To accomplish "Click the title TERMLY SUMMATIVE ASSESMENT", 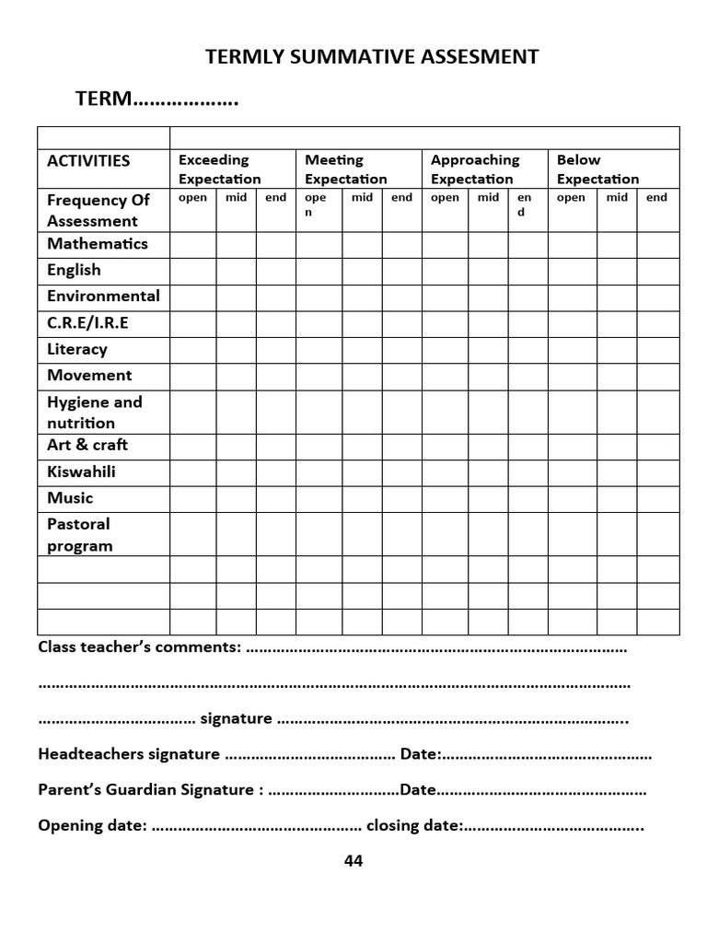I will (371, 57).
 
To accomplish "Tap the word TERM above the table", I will (105, 99).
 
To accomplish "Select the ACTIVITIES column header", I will (88, 160).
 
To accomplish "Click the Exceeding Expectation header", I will (219, 169).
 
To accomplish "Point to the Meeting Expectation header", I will (345, 169).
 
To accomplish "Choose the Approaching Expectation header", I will (474, 169).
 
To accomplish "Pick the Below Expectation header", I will (597, 169).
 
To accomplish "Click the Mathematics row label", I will (97, 244).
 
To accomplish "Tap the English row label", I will (74, 270).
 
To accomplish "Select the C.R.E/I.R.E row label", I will (87, 322).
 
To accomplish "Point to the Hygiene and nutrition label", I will (94, 413).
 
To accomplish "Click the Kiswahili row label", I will (81, 471).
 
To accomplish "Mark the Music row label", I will (70, 497).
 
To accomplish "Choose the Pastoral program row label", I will (79, 535).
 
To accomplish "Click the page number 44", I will (353, 861).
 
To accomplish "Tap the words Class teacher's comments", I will (139, 646).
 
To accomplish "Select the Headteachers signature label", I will (129, 754).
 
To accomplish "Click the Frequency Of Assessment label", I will (98, 211).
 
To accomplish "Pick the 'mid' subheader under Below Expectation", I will (618, 197).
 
